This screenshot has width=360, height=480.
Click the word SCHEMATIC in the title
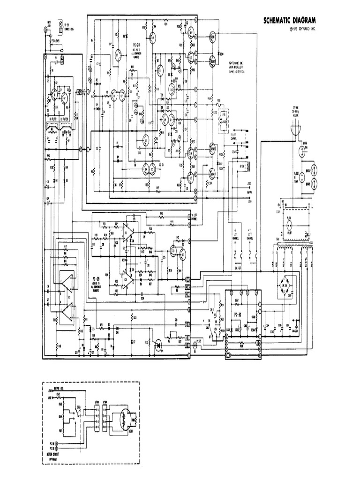276,20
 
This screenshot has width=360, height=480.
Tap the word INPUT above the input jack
48,22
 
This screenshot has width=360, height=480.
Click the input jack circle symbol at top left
46,30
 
